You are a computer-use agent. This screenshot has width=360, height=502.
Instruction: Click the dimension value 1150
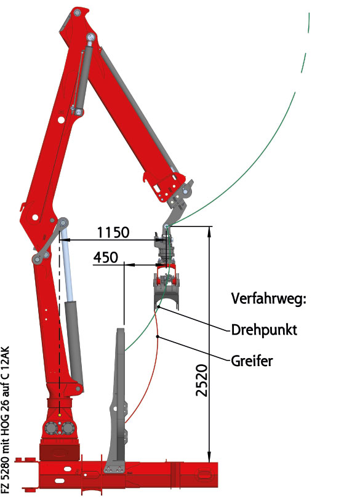point(113,233)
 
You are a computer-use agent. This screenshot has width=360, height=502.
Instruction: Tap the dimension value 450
point(106,257)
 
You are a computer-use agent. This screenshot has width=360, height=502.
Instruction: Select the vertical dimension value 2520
point(202,380)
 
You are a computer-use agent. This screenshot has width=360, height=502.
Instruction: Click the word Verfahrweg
point(269,299)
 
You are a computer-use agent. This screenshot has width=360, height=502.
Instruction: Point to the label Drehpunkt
point(264,330)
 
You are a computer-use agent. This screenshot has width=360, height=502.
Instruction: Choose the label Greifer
point(252,361)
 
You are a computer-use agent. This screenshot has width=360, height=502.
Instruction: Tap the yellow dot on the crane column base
point(60,415)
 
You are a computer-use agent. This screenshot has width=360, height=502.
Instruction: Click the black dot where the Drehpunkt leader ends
point(159,307)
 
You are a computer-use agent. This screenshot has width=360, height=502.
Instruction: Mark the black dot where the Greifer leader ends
point(158,337)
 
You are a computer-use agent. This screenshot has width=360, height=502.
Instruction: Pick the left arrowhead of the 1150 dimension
point(64,239)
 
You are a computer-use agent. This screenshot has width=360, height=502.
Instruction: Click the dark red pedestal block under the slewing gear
point(60,452)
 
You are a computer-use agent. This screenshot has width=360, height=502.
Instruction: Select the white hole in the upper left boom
point(60,120)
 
